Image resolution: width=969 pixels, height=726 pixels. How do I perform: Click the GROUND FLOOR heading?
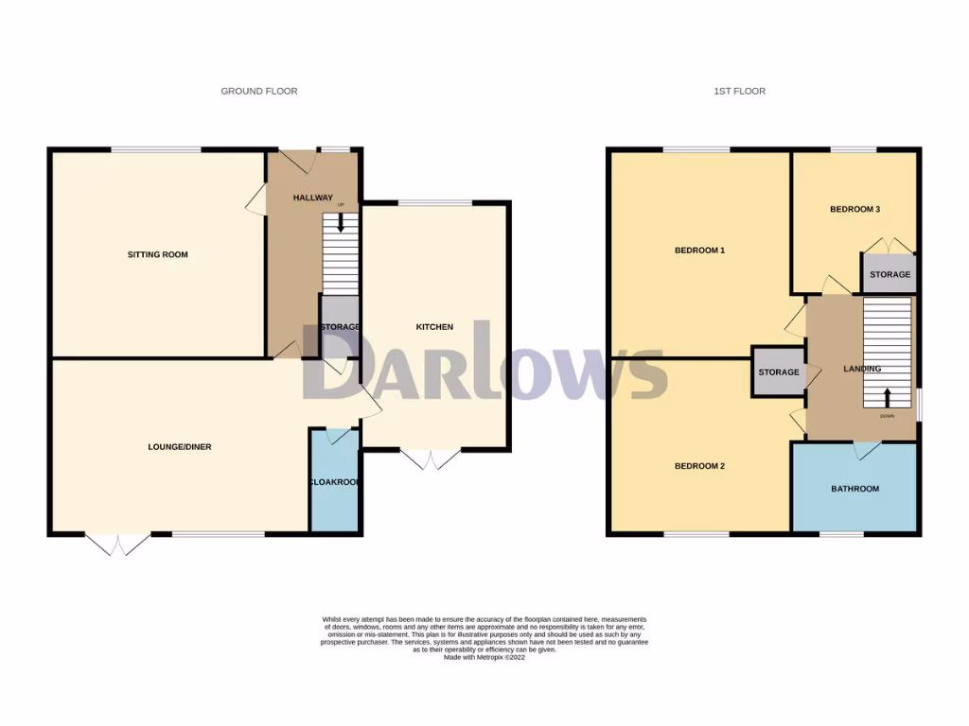tap(258, 92)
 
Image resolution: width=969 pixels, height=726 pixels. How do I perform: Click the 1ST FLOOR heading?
tap(739, 92)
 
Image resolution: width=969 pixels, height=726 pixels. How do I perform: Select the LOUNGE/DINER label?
tap(179, 446)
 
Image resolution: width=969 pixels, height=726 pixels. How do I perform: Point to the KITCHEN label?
tap(434, 327)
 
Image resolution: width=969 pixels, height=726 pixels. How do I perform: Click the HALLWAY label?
tap(312, 198)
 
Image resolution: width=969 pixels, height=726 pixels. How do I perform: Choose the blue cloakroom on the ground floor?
tap(334, 482)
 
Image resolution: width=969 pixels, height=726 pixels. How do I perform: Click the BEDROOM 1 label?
tap(699, 251)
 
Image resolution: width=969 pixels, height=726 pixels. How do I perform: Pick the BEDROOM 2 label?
tap(699, 466)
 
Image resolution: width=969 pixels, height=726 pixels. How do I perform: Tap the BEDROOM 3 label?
tap(855, 209)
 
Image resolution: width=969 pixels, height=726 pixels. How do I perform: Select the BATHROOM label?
tap(854, 489)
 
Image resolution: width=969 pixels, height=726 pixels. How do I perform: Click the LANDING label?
tap(862, 369)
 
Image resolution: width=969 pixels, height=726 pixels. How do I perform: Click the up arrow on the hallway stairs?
tap(341, 224)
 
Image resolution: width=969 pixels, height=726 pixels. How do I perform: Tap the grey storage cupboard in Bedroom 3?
tap(890, 274)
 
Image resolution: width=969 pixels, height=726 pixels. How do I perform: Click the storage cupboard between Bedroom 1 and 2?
tap(778, 372)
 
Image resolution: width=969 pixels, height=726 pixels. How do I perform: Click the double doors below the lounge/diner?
tap(118, 545)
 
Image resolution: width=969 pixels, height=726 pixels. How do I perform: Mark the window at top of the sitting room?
tap(156, 149)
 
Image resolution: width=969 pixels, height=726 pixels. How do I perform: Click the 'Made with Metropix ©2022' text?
tap(484, 657)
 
